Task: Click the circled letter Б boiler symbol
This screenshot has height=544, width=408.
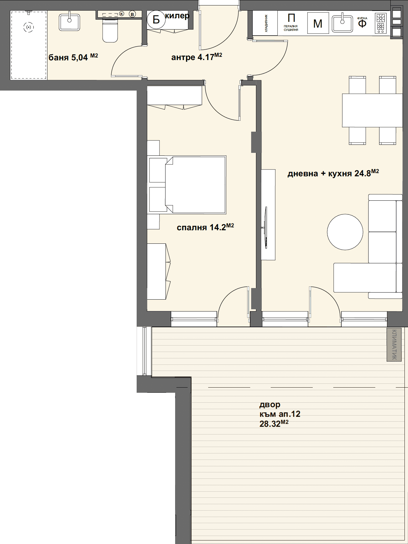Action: click(156, 20)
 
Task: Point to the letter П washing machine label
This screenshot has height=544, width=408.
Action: click(291, 18)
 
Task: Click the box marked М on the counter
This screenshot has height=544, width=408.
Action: click(318, 23)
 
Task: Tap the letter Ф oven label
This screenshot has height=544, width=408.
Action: click(362, 24)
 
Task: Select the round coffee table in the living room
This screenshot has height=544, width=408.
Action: click(345, 232)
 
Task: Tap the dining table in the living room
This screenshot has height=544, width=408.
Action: click(372, 110)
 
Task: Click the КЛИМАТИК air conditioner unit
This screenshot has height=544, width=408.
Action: click(394, 344)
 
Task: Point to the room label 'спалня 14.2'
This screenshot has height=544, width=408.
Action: click(205, 227)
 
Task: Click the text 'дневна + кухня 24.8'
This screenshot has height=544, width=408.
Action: click(333, 173)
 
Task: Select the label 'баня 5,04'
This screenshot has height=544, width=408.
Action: click(73, 57)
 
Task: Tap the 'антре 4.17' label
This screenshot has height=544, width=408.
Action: click(197, 57)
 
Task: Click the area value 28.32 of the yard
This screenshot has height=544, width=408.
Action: click(274, 424)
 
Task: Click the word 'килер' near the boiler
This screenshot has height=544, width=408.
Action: click(177, 16)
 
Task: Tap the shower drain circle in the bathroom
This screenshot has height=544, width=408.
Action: click(29, 28)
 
